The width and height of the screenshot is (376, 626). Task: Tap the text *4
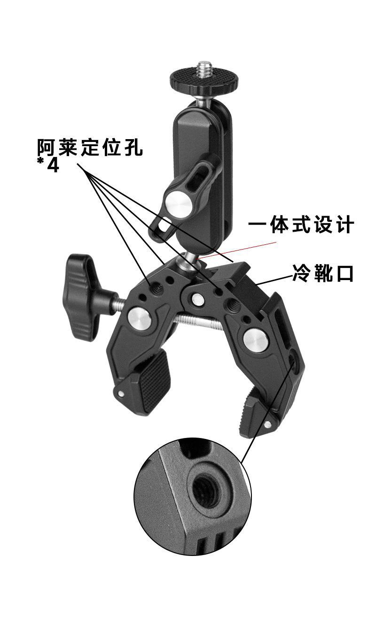(x=49, y=165)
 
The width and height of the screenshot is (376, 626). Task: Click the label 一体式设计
(x=301, y=225)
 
